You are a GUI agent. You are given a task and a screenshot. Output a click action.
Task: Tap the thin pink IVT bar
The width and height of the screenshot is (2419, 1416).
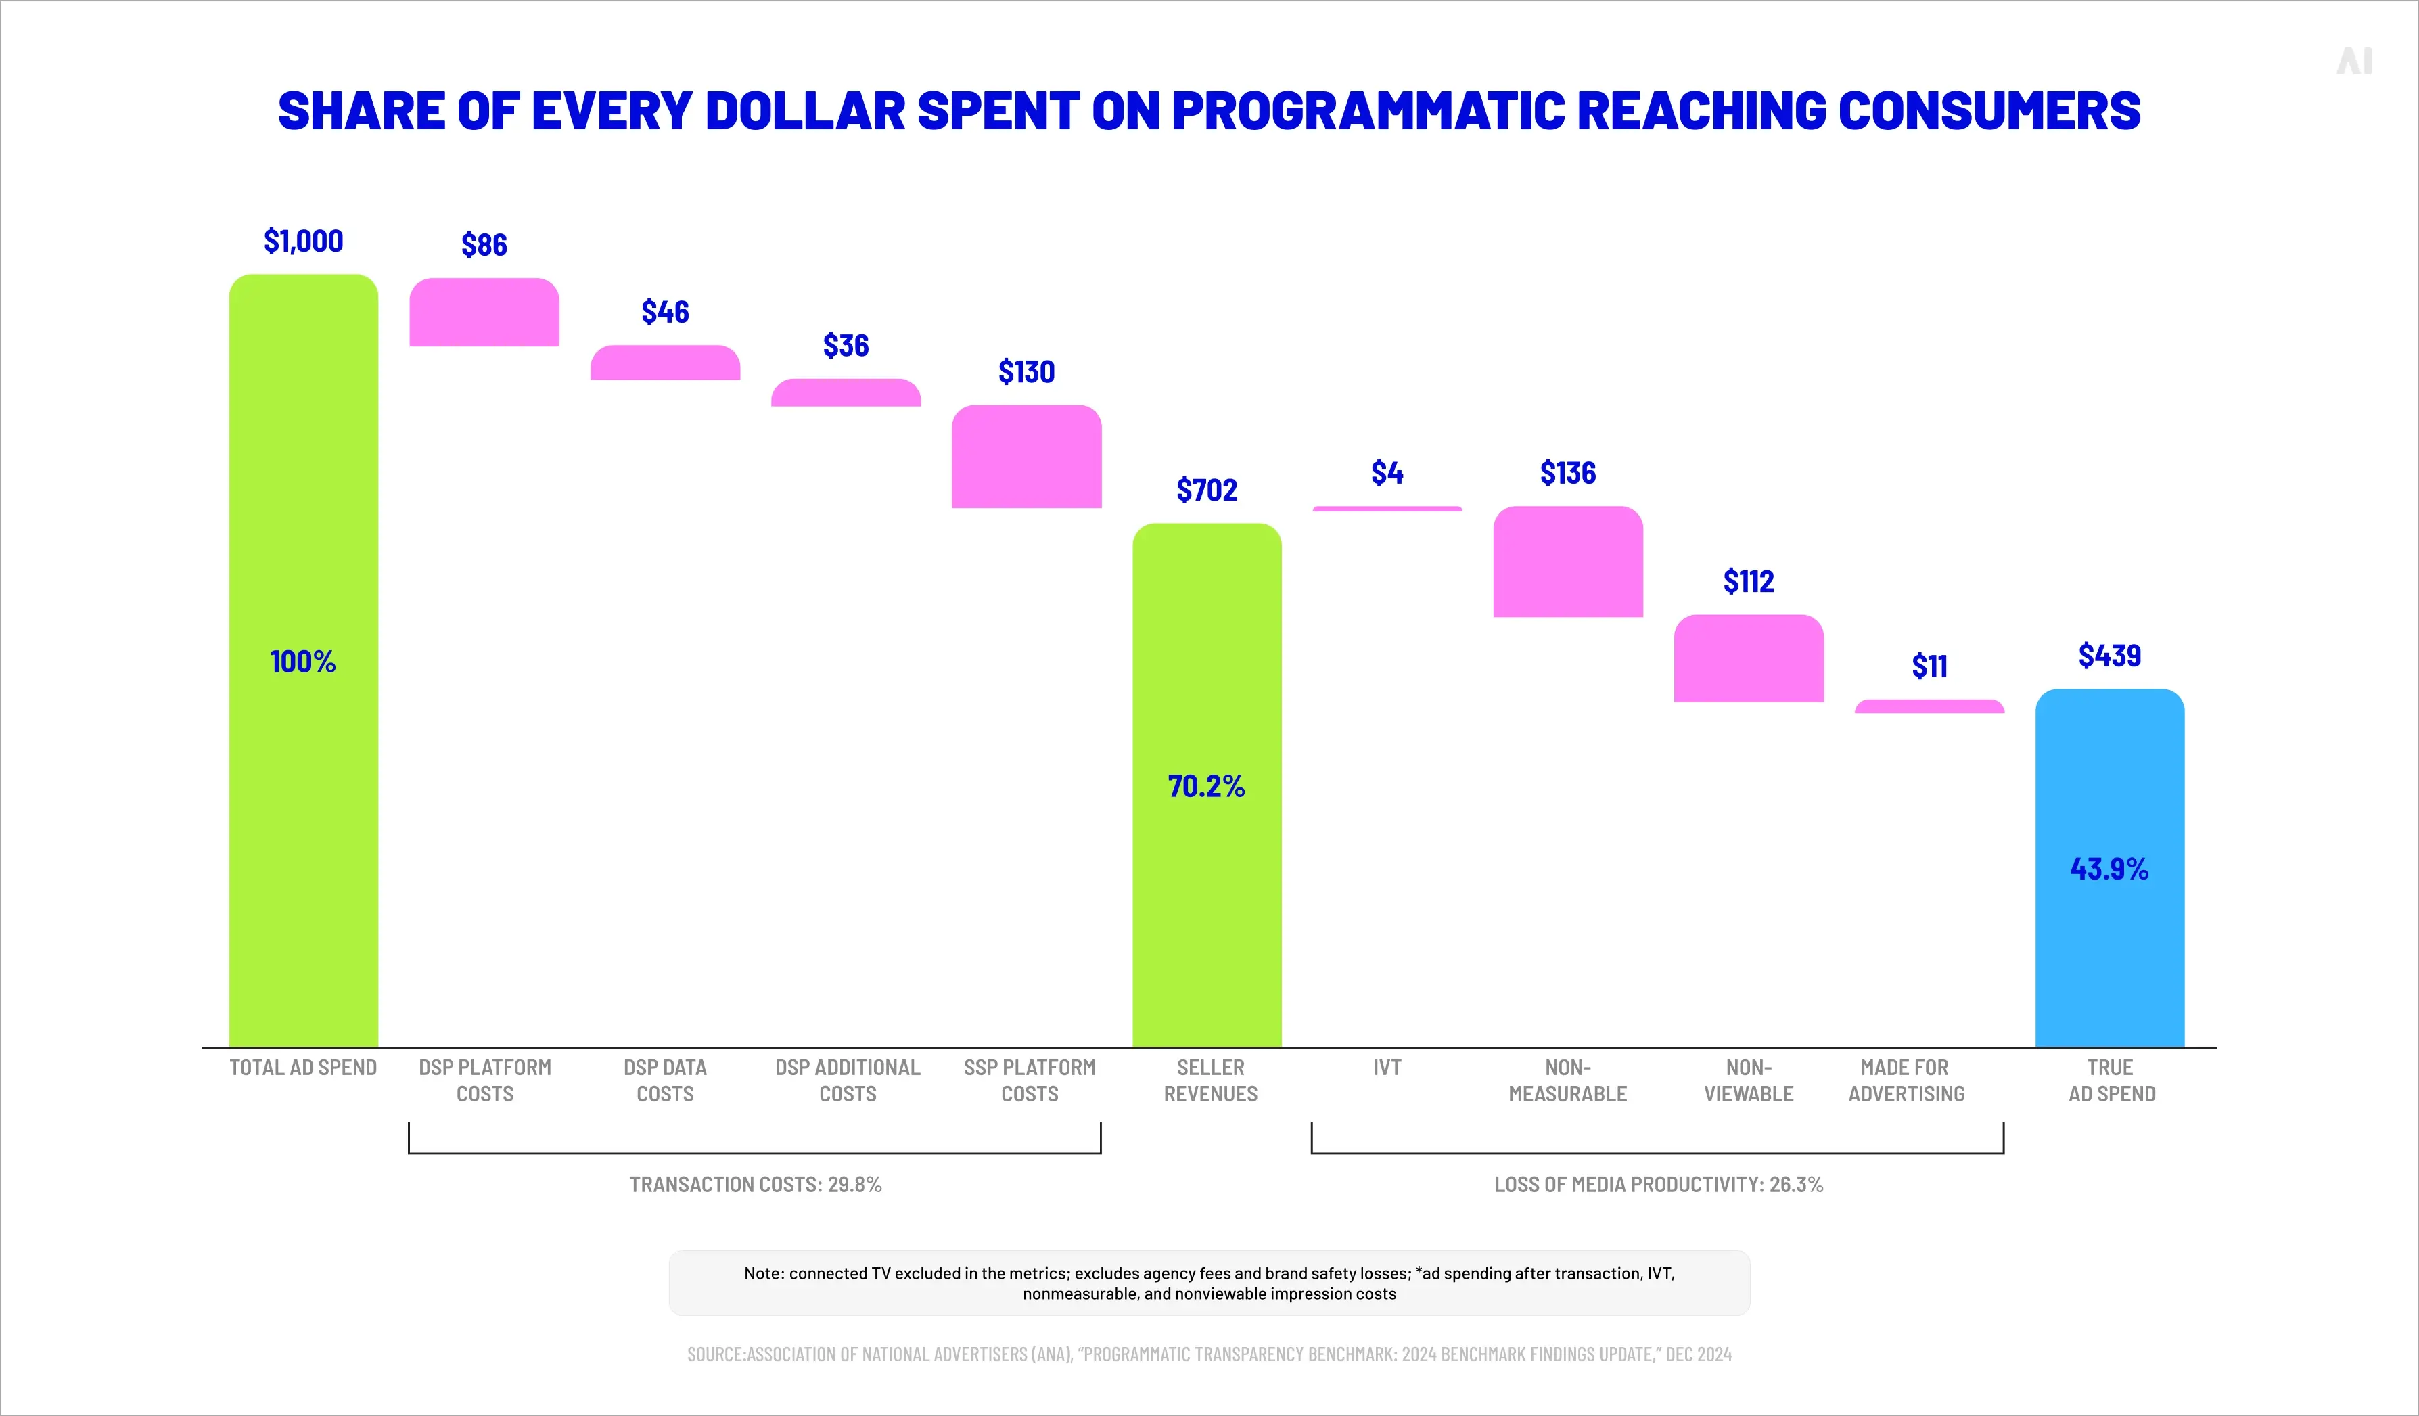coord(1387,509)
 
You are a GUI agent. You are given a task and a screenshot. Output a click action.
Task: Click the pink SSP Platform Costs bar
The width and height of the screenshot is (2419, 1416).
coord(1026,457)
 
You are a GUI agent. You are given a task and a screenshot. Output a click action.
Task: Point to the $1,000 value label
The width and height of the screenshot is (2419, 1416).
coord(303,241)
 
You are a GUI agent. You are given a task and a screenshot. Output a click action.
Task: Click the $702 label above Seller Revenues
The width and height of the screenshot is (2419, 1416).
coord(1207,490)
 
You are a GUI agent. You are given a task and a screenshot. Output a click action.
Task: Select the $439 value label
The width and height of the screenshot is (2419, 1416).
coord(2109,656)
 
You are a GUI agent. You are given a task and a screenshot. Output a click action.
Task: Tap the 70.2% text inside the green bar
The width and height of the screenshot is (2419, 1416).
coord(1207,786)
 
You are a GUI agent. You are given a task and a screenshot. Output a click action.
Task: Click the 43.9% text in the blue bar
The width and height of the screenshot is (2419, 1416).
coord(2109,869)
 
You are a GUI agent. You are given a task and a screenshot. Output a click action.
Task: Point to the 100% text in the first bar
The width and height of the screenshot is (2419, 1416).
coord(303,662)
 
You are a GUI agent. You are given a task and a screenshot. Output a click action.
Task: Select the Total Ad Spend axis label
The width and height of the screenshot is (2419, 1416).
coord(303,1068)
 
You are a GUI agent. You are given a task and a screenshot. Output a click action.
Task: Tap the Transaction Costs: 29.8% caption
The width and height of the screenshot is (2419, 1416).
coord(756,1185)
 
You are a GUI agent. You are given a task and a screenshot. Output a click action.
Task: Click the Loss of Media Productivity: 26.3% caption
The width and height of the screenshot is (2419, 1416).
coord(1658,1185)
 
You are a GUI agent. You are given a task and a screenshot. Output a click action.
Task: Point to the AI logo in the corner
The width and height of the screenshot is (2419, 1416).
coord(2354,62)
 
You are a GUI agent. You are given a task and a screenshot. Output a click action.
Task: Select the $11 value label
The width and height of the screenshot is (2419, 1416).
coord(1929,666)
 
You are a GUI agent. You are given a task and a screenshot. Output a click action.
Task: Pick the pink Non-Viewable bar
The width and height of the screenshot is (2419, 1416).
coord(1748,658)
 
